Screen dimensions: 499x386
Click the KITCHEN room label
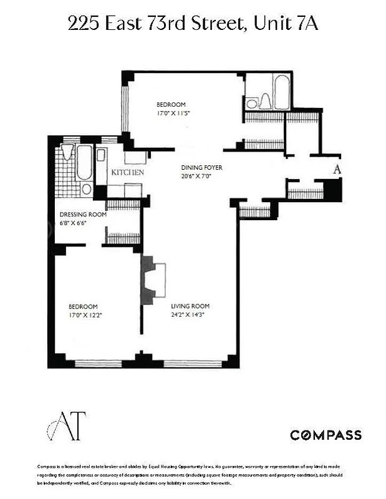click(x=128, y=172)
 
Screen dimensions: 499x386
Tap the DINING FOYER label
click(x=201, y=168)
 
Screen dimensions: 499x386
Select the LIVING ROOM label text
click(x=190, y=306)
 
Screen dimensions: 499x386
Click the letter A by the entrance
click(x=337, y=168)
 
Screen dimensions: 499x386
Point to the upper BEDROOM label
click(x=170, y=105)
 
